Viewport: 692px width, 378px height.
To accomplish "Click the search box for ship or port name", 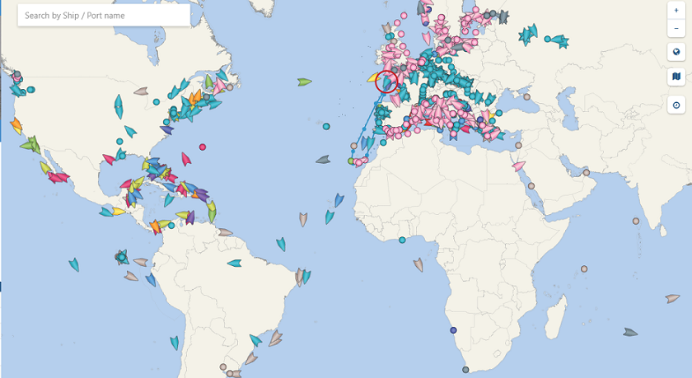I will click(103, 16).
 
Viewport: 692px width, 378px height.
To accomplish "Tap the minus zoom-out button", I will click(676, 28).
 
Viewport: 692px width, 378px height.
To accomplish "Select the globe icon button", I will click(676, 52).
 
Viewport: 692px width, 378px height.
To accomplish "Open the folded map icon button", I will click(676, 77).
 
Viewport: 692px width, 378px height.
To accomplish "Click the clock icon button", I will click(676, 105).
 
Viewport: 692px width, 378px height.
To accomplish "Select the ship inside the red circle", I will click(386, 82).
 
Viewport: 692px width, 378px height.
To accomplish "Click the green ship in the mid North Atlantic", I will click(305, 82).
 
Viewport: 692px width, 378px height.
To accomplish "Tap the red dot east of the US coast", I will click(203, 147).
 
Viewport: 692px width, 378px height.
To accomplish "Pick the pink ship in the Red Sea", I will click(519, 166).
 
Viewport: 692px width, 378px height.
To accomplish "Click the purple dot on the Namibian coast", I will click(453, 330).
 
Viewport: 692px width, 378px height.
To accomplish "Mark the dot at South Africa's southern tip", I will click(465, 370).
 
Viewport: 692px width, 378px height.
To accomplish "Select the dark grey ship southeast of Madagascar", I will click(630, 332).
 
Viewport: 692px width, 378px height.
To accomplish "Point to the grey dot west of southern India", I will click(636, 221).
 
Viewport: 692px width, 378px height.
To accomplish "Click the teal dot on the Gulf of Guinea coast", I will click(402, 240).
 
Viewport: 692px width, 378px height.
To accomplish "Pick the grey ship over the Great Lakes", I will click(142, 91).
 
